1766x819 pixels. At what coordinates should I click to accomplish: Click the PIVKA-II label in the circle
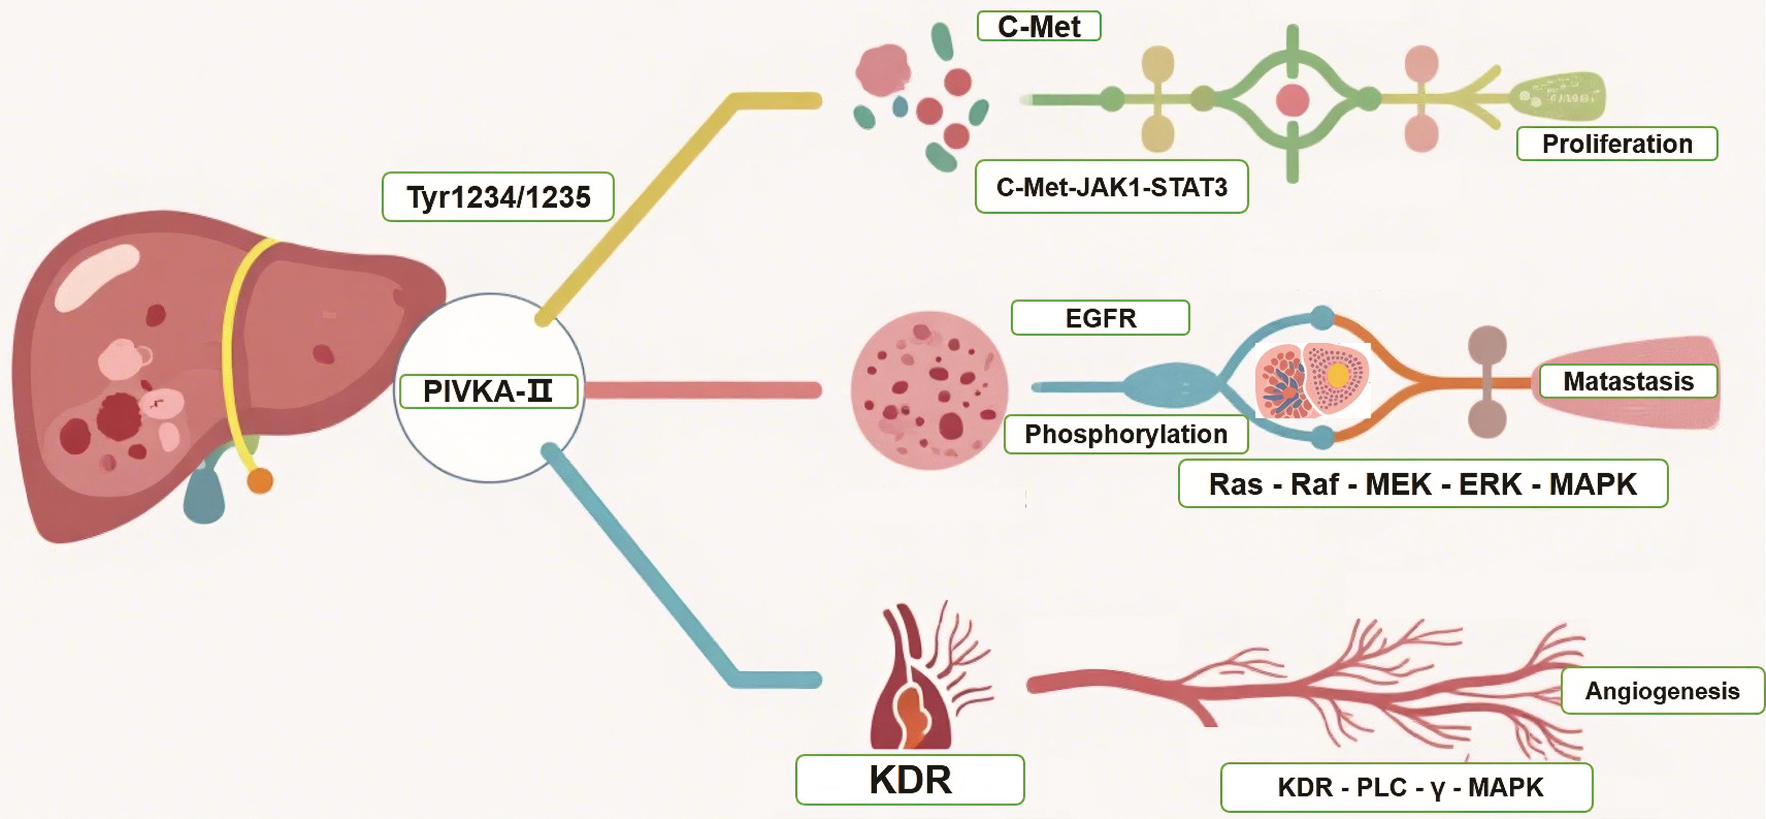[488, 391]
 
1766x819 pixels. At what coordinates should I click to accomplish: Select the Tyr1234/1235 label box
[498, 197]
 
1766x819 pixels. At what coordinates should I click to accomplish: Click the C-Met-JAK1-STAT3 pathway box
[1112, 187]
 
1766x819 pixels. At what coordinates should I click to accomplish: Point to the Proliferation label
[1616, 144]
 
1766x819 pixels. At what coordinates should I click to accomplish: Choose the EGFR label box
[1100, 318]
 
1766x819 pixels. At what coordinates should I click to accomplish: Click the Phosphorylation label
[1125, 434]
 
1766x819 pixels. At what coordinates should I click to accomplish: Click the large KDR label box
[910, 780]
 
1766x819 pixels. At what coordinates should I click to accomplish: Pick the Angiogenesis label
[1662, 691]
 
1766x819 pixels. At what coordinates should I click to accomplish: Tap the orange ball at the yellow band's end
[260, 481]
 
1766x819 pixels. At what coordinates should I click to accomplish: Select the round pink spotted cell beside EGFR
[929, 390]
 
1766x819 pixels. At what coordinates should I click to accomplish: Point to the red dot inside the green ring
[1292, 100]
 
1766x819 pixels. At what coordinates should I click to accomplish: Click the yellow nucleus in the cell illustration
[1337, 375]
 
